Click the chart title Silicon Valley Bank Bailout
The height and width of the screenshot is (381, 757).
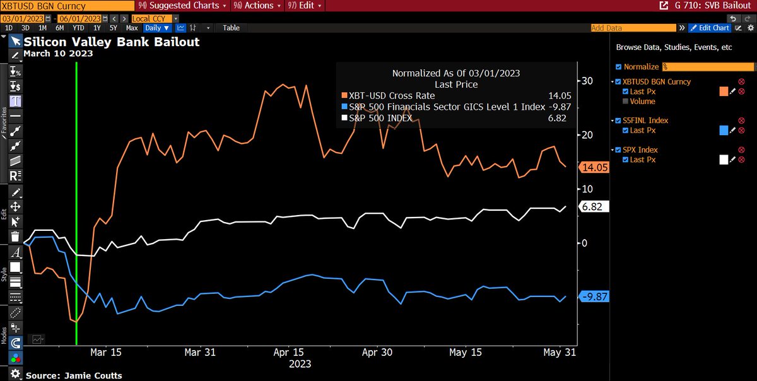click(112, 42)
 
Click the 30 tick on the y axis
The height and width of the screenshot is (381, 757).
click(587, 81)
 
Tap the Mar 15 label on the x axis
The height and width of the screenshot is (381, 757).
click(106, 353)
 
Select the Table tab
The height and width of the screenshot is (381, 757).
click(231, 28)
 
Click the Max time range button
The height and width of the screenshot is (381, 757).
click(132, 28)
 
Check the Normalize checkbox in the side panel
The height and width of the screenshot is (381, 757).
click(618, 66)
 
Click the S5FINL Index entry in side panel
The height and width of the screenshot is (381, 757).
click(646, 120)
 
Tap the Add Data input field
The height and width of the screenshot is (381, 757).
click(637, 28)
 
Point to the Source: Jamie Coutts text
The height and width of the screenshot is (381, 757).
click(73, 375)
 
